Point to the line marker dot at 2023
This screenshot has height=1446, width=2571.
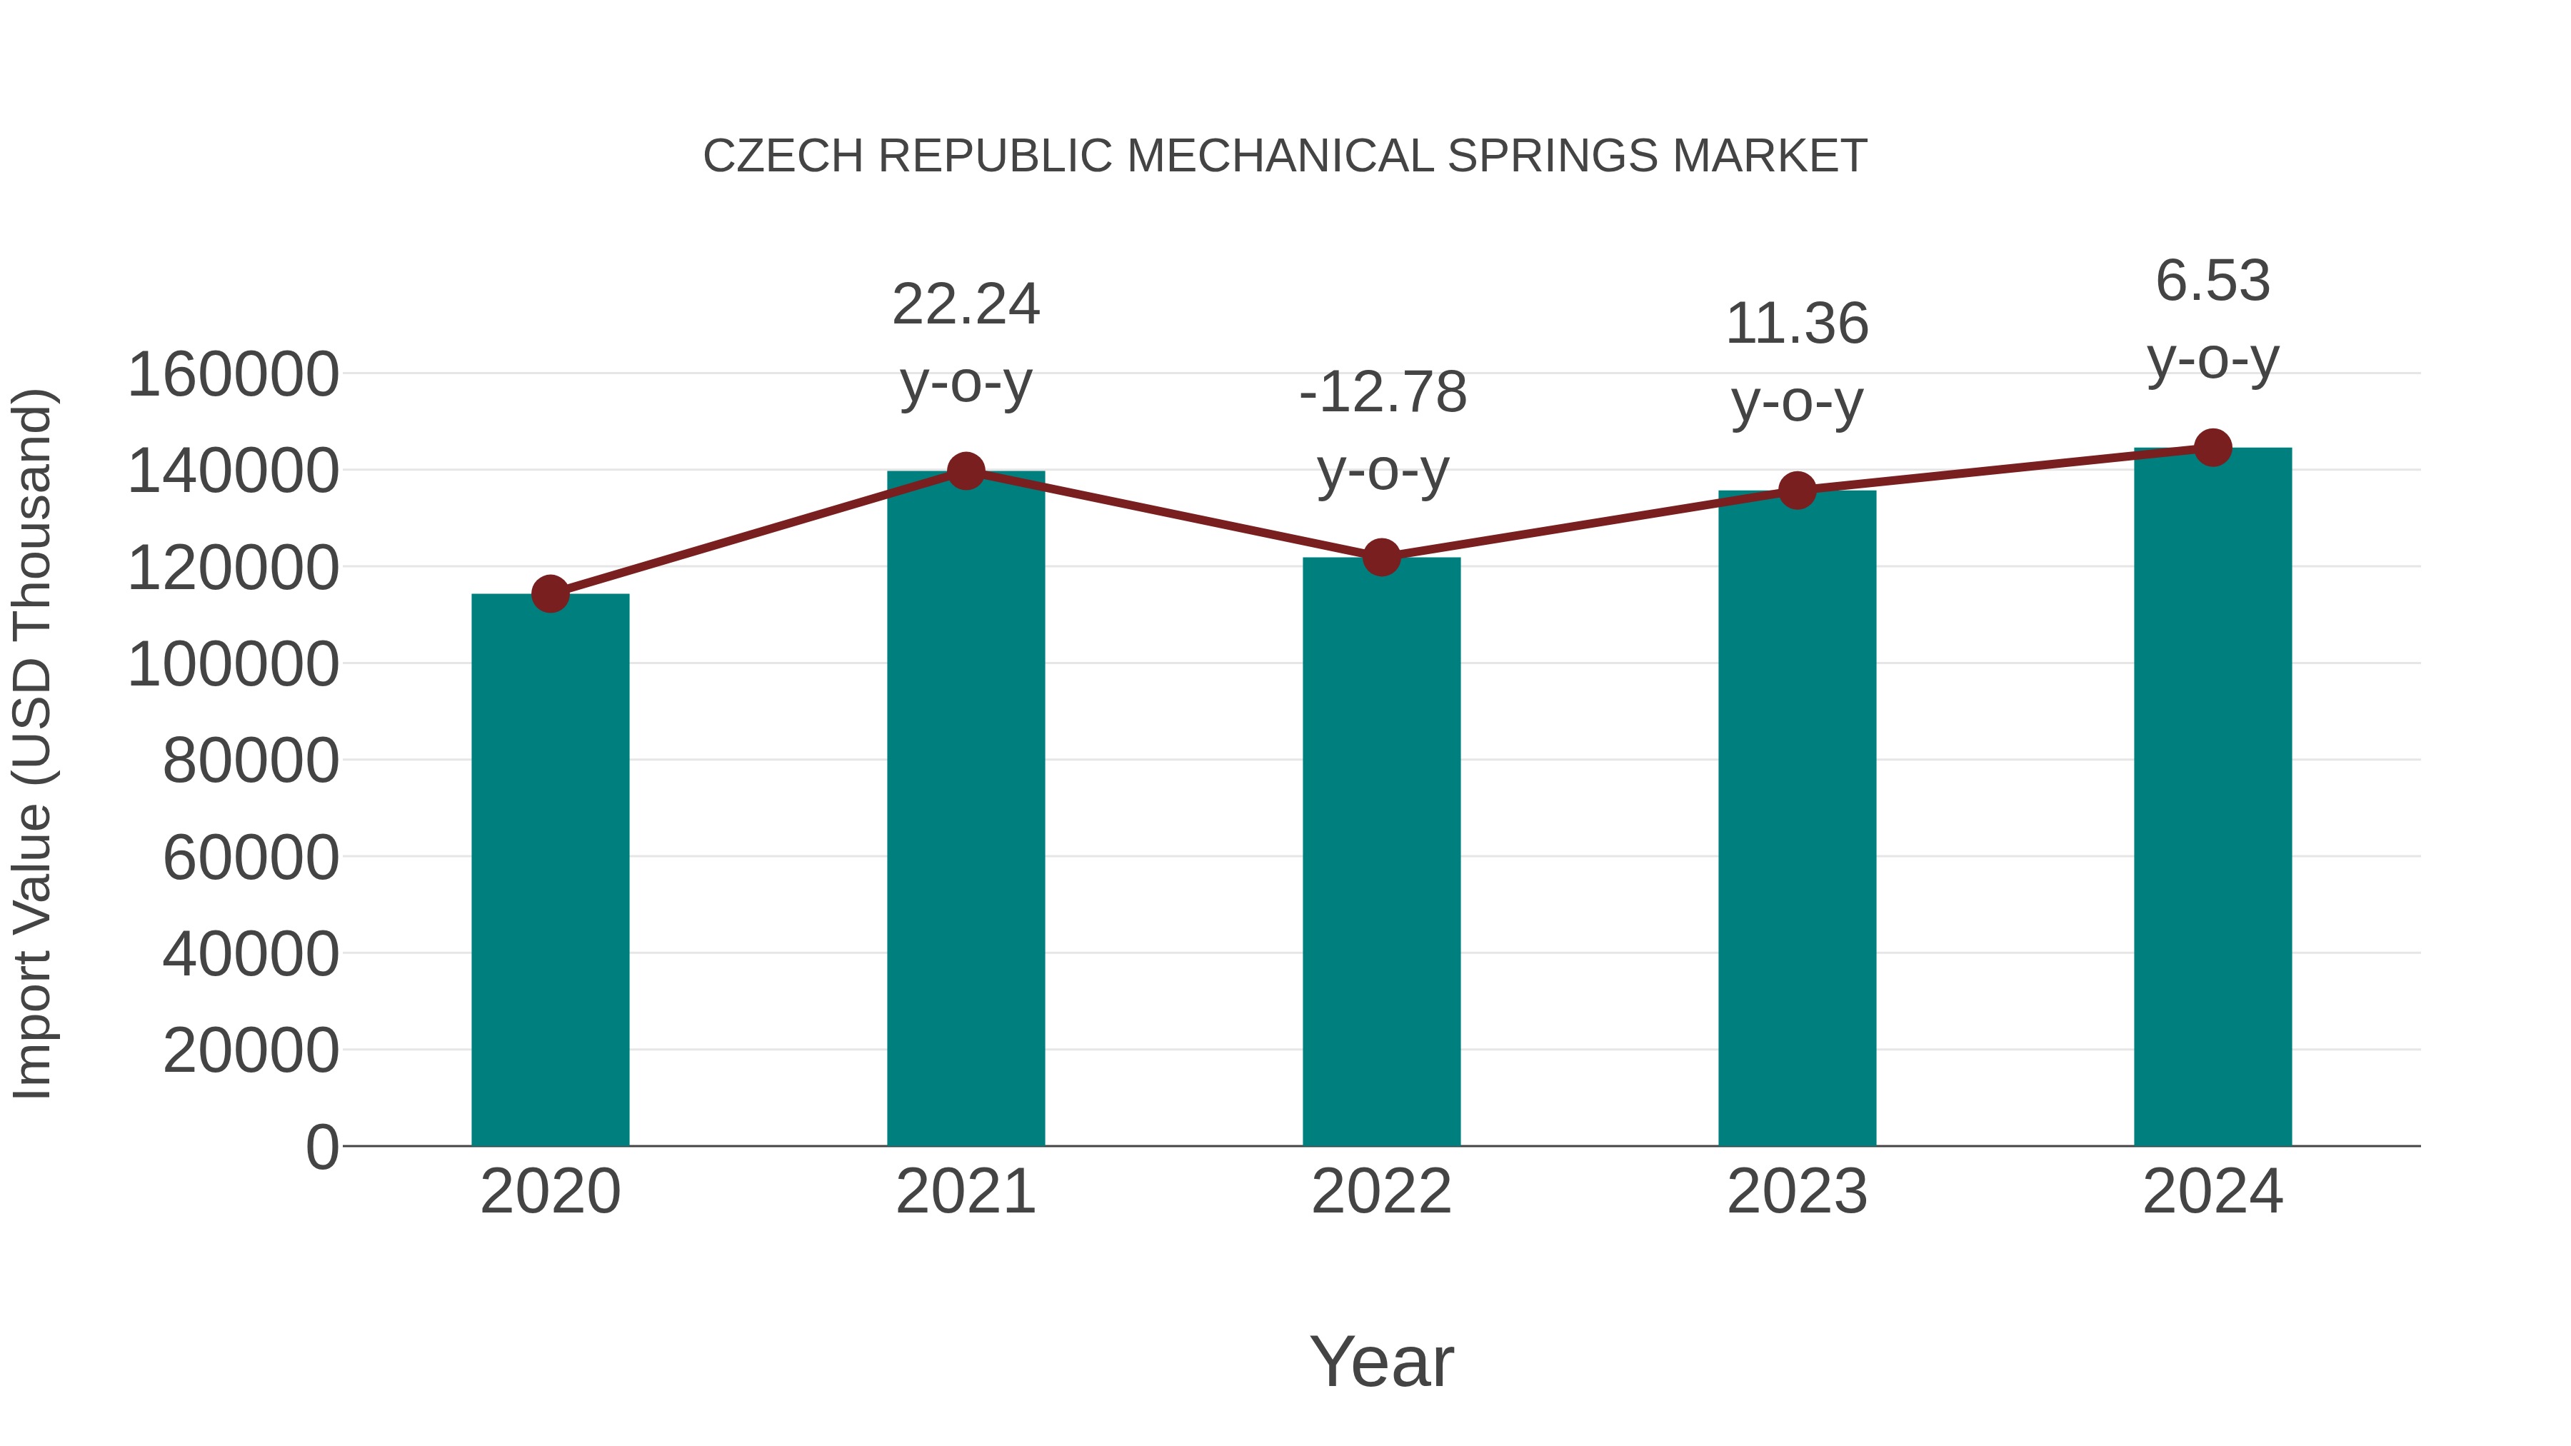1797,490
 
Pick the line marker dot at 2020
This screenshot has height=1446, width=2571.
550,594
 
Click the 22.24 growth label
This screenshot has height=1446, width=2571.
965,304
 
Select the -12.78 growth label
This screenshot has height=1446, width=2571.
1383,392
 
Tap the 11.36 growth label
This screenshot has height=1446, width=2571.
1797,324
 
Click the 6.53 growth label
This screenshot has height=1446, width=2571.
2212,281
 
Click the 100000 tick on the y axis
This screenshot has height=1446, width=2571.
234,665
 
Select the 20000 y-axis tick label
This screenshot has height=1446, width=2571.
251,1051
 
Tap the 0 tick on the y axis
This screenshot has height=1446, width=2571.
322,1147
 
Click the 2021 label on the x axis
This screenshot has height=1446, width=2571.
965,1192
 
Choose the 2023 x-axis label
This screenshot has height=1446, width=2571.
1797,1192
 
